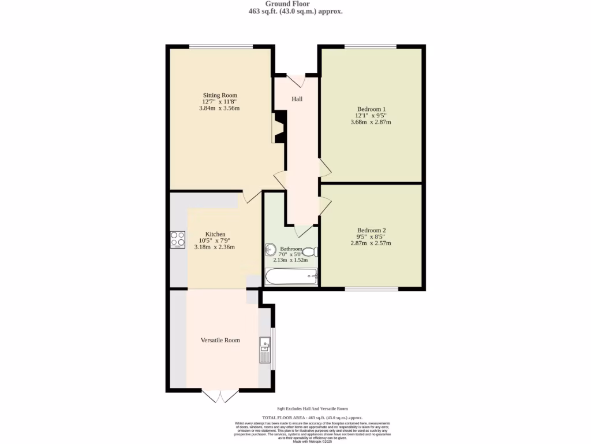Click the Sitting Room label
tap(219, 95)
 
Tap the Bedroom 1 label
tap(371, 109)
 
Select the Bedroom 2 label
tap(371, 230)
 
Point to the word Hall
tap(297, 99)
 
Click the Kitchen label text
tap(215, 234)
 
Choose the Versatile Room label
tap(220, 340)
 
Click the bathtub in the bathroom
tap(291, 276)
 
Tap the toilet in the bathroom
tap(310, 252)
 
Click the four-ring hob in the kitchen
tap(178, 239)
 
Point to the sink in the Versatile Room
tap(265, 349)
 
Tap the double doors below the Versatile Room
tap(220, 396)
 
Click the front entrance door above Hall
tap(297, 79)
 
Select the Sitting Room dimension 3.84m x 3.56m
tap(219, 108)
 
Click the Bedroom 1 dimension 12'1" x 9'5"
tap(371, 116)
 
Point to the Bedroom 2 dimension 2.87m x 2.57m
tap(371, 243)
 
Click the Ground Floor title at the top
tap(295, 4)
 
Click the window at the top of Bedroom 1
tap(371, 46)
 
